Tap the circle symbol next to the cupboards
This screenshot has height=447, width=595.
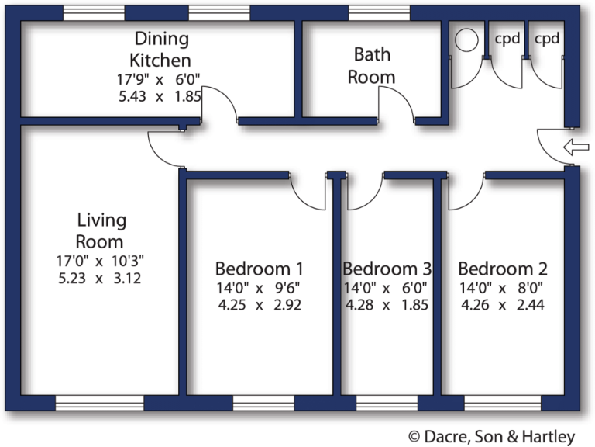[466, 40]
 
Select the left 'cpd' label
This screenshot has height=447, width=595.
[507, 38]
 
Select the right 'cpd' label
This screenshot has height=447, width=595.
[547, 38]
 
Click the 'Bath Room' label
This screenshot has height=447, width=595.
[371, 65]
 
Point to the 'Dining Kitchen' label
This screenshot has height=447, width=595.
[161, 48]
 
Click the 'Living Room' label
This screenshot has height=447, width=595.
[101, 230]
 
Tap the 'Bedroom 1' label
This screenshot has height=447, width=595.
[259, 269]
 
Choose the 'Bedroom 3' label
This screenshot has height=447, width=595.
[387, 269]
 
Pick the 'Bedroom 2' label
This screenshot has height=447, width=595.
[503, 269]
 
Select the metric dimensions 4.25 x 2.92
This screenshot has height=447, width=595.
[259, 304]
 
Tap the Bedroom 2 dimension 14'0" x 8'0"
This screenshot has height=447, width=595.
[503, 287]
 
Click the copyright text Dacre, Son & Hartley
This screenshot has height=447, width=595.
[492, 437]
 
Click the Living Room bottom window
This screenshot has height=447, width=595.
[99, 403]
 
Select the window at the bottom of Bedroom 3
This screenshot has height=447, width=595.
[387, 403]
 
